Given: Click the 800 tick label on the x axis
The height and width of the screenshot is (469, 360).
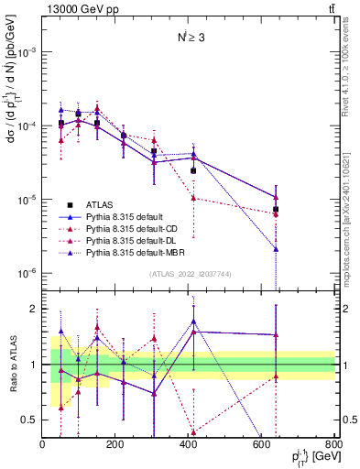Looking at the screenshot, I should [334, 445].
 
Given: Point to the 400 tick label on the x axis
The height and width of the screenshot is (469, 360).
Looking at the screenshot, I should [189, 445].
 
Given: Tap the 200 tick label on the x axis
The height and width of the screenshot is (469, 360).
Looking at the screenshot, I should [115, 445].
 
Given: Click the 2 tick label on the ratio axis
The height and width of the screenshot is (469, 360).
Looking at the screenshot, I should [34, 309].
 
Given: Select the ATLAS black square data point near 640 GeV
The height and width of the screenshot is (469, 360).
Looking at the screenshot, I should [276, 210].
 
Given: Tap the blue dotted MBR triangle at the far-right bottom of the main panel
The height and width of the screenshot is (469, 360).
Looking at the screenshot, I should [276, 248].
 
